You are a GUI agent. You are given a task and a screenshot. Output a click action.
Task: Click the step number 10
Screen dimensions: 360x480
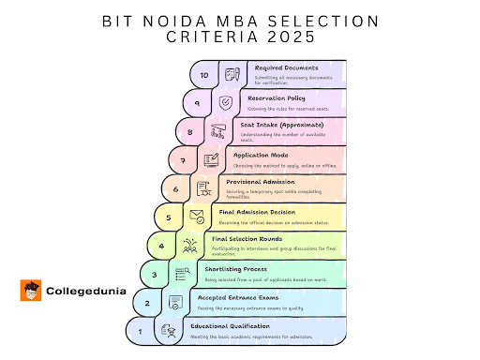[203, 74]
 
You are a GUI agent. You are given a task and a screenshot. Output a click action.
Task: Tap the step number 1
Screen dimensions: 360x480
[140, 331]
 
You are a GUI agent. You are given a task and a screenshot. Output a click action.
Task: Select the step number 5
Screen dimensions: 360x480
[168, 217]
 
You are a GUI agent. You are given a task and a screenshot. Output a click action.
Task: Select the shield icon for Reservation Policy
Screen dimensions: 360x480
[225, 103]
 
